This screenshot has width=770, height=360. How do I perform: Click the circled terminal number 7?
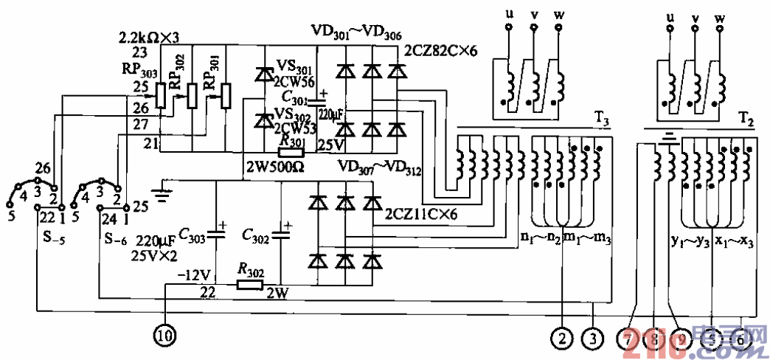click(x=630, y=338)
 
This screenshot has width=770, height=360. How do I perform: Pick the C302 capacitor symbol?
click(x=282, y=235)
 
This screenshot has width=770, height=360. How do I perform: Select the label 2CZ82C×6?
click(x=442, y=51)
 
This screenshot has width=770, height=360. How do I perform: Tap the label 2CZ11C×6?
click(x=422, y=215)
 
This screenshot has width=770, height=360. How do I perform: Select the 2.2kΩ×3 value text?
click(x=149, y=36)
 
